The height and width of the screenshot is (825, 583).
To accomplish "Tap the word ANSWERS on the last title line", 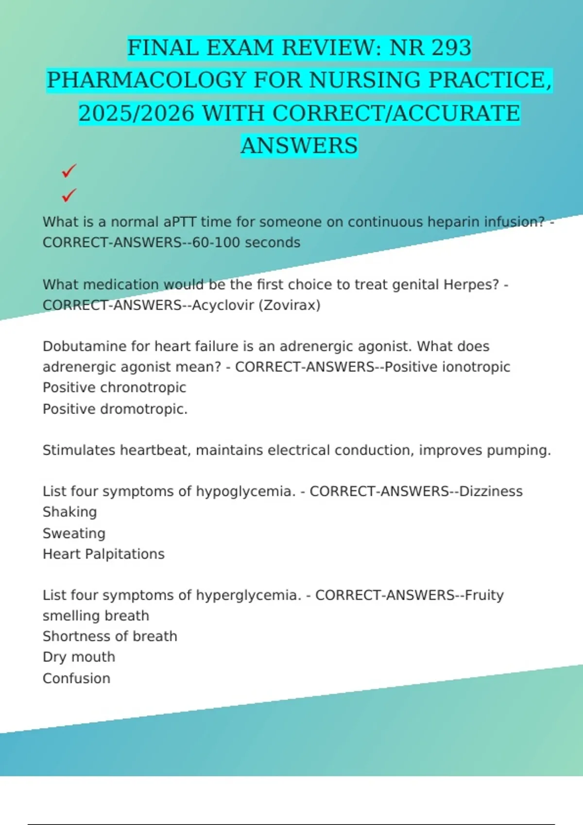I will (299, 146).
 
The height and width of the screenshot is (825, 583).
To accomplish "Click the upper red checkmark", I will (69, 171).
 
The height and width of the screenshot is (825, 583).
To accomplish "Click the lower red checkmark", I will (69, 196).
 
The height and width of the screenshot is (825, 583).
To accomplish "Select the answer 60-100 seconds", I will (246, 243).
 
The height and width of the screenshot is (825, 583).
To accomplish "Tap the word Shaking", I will (70, 512).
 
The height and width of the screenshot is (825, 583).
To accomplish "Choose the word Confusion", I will (77, 678).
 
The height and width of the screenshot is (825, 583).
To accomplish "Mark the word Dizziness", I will (491, 492).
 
